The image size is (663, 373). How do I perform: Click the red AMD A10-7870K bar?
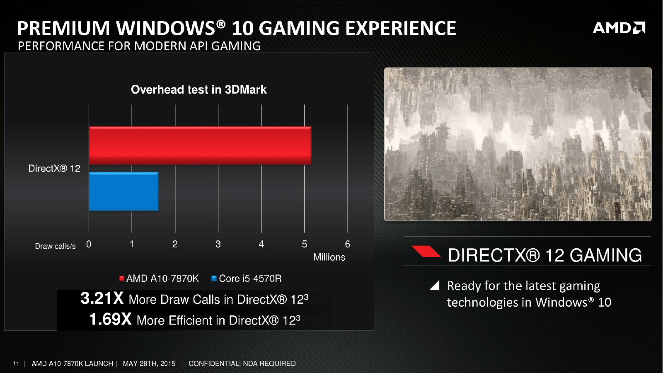pos(200,145)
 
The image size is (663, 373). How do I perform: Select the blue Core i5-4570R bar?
pos(123,191)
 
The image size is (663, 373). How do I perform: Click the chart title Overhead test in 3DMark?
pos(198,90)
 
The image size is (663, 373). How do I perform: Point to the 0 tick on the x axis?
pos(89,244)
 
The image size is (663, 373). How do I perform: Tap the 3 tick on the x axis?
pos(218,244)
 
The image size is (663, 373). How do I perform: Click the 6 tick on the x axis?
pos(347,244)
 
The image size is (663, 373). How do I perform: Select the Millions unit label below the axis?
pos(329,257)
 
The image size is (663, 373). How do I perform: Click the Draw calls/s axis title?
pos(55,246)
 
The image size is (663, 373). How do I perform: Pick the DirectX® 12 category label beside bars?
pos(54,168)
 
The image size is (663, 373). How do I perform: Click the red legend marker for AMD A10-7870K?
pos(122,279)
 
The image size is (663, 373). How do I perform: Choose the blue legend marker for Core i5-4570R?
pos(214,279)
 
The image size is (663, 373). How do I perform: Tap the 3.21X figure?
pos(102,298)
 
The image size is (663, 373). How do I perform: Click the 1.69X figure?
pos(110,319)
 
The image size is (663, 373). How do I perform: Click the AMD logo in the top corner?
pos(619,28)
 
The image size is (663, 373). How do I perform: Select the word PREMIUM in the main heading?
pos(63,28)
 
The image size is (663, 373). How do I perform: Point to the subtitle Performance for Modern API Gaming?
pos(139,46)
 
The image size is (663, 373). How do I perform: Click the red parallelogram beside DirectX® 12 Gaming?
pos(426,251)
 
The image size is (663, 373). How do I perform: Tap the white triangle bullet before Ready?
pos(435,285)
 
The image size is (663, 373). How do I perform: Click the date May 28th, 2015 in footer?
pos(149,363)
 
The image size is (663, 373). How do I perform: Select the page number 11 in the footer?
pos(16,363)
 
